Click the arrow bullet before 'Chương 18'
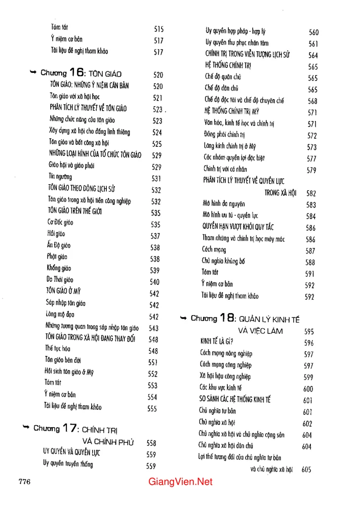point(183,319)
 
